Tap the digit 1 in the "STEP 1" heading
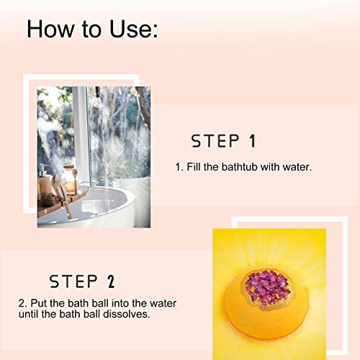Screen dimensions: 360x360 [x=251, y=141]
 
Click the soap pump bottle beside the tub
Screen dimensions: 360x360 [x=45, y=176]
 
